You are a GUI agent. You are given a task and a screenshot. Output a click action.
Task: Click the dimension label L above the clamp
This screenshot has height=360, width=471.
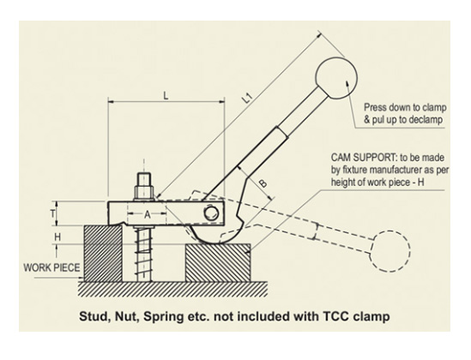pyautogui.click(x=166, y=96)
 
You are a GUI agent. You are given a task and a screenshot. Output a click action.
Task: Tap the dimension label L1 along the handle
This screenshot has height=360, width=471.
pyautogui.click(x=247, y=98)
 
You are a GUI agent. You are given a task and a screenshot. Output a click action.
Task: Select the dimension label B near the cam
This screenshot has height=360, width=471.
pyautogui.click(x=263, y=183)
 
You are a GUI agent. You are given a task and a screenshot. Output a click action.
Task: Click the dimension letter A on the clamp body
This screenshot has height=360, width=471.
pyautogui.click(x=148, y=214)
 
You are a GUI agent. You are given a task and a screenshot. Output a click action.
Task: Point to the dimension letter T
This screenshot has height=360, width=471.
pyautogui.click(x=52, y=214)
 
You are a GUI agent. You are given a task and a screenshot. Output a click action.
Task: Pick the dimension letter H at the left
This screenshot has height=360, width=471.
pyautogui.click(x=57, y=237)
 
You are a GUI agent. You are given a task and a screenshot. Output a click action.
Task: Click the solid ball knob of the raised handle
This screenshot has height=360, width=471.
pyautogui.click(x=336, y=78)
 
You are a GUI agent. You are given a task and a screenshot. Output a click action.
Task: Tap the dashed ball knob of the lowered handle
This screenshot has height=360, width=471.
pyautogui.click(x=389, y=252)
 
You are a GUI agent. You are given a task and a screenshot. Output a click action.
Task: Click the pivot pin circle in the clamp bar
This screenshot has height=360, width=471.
pyautogui.click(x=211, y=213)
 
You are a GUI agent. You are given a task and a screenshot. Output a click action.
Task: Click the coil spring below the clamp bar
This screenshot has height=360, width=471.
pyautogui.click(x=143, y=255)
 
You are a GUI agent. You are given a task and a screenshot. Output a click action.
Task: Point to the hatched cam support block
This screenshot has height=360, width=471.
pyautogui.click(x=218, y=263)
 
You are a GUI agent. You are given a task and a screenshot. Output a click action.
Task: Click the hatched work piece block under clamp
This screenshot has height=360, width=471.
pyautogui.click(x=103, y=254)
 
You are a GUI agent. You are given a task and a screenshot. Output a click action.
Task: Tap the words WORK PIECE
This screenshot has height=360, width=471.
pyautogui.click(x=51, y=267)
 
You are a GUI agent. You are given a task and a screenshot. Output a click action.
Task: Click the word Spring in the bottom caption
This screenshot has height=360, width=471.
pyautogui.click(x=160, y=316)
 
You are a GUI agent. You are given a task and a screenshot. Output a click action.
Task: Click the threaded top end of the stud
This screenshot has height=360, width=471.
pyautogui.click(x=144, y=179)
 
